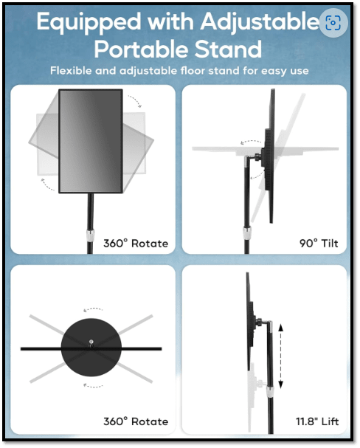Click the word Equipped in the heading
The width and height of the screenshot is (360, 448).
89,22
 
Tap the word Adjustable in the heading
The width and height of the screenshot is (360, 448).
260,22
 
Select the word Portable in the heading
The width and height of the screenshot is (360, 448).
140,49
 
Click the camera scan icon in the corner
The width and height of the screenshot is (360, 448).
333,23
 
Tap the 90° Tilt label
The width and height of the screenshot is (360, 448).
319,243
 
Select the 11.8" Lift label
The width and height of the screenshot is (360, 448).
317,421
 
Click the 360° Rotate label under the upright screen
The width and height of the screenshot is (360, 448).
136,244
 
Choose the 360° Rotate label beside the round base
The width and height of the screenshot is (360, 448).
136,421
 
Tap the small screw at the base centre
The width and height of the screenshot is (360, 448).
91,342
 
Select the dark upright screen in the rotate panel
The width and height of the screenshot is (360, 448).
91,141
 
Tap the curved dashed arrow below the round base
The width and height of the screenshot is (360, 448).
93,386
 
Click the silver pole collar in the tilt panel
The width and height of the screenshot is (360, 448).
246,233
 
